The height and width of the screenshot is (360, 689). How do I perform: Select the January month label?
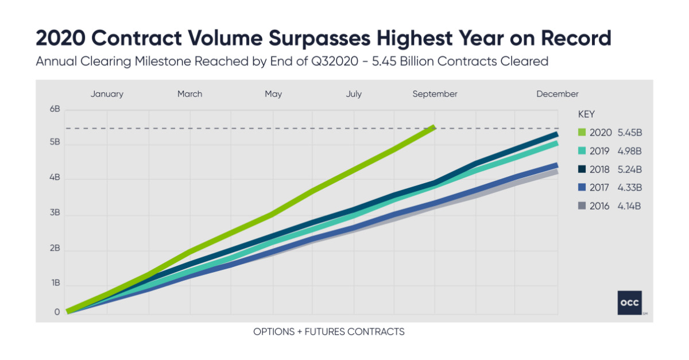(107, 94)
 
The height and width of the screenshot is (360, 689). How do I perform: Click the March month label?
(189, 94)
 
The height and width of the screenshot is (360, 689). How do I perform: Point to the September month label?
(435, 94)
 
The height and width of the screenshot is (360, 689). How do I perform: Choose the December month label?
(557, 94)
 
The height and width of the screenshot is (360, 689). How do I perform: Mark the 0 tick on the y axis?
(57, 312)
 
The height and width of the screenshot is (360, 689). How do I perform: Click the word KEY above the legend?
(586, 114)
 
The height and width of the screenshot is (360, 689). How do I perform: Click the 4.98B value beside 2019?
(629, 151)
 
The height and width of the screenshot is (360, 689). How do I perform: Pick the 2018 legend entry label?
(601, 169)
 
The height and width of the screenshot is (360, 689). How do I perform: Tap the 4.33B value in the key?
(629, 188)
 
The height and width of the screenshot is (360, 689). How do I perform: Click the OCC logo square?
(629, 303)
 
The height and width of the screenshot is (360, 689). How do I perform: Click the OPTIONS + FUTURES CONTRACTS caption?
(329, 332)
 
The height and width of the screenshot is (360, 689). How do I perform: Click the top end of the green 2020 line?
(434, 127)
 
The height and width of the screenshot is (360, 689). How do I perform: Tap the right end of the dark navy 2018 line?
(556, 134)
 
